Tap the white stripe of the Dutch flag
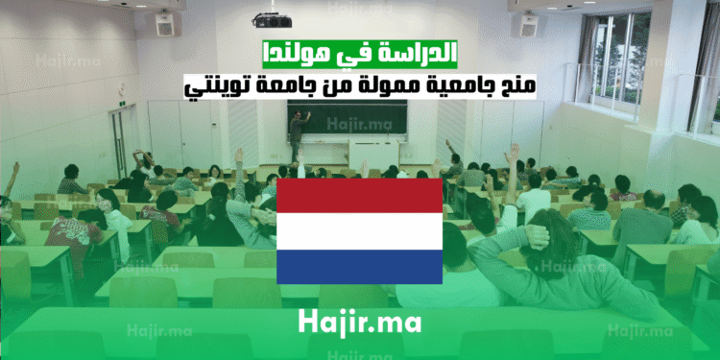tap(359, 229)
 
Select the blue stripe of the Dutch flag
tap(359, 266)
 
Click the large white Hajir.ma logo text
tap(359, 322)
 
